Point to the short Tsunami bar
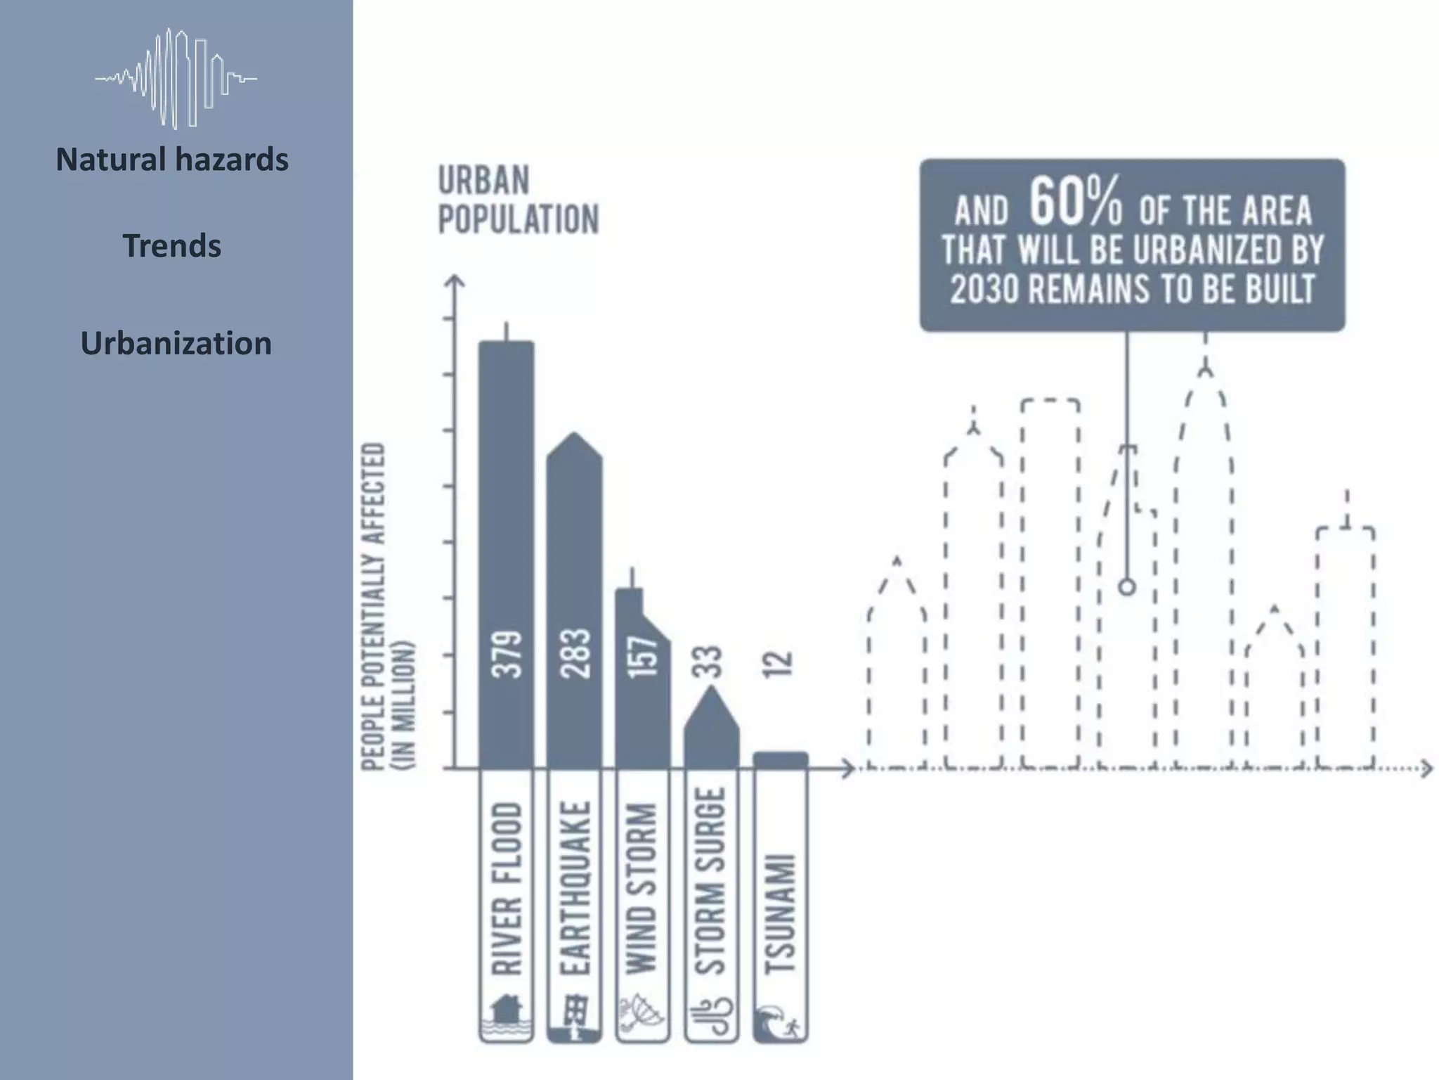pos(780,760)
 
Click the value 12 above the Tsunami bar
pos(779,662)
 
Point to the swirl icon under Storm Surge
pos(711,1017)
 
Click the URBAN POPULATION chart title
pos(518,200)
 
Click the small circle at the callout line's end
pos(1127,586)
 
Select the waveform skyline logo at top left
pos(176,78)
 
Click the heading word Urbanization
pos(176,343)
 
